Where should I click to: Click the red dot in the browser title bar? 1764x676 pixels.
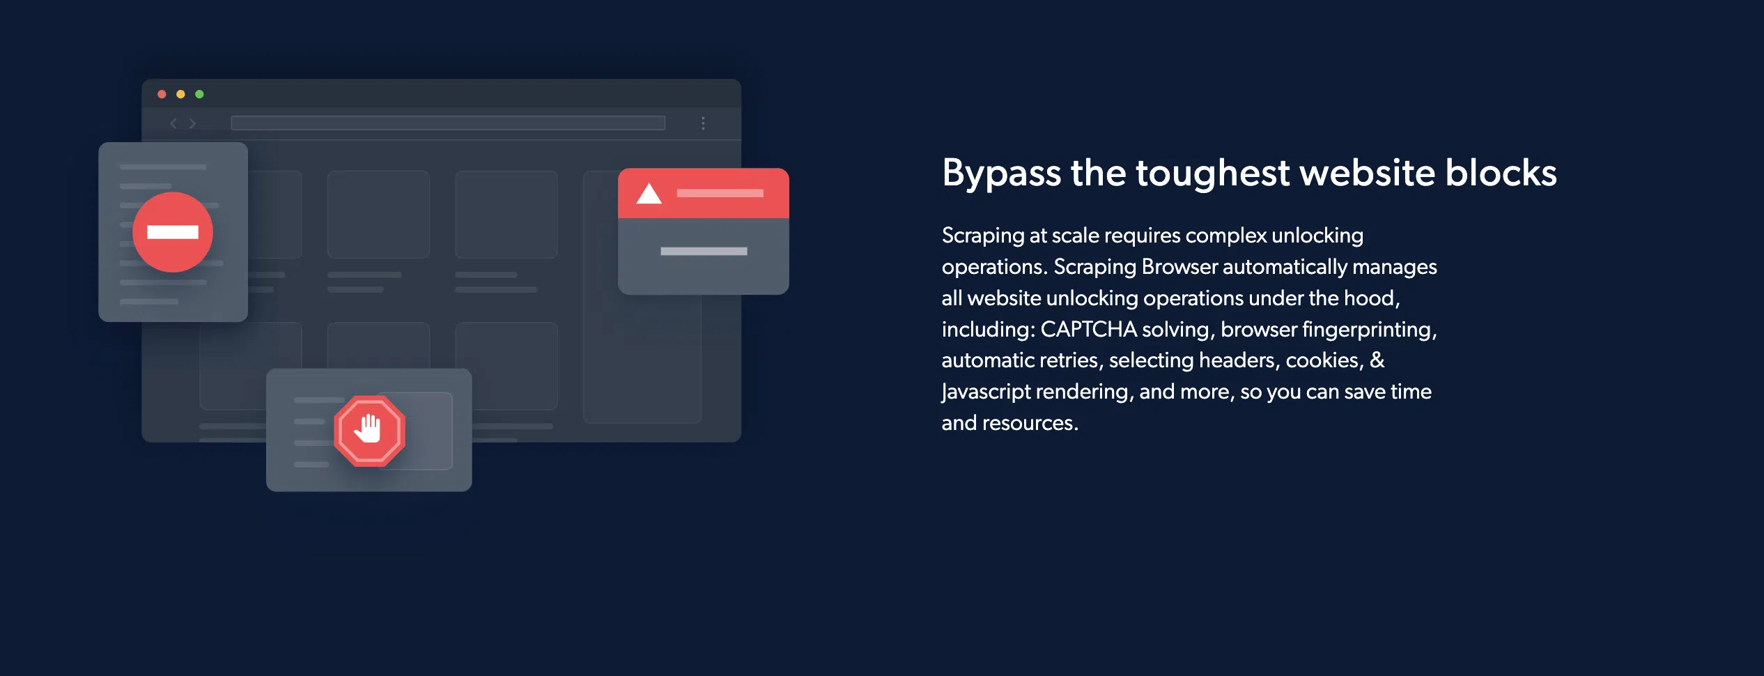coord(162,94)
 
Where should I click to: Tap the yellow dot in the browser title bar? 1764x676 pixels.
coord(180,94)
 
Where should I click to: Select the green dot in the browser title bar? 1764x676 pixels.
coord(199,94)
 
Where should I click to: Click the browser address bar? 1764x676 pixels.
coord(448,123)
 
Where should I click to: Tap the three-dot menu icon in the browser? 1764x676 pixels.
coord(703,123)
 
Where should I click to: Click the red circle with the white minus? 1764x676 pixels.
coord(173,232)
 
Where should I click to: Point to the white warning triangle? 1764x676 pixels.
coord(649,193)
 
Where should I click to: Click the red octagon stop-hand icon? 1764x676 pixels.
coord(369,431)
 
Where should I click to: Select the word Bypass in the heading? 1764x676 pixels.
coord(1001,174)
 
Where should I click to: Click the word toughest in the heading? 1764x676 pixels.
coord(1212,174)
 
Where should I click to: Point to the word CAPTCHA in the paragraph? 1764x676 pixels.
coord(1088,329)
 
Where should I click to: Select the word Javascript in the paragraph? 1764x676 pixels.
coord(986,392)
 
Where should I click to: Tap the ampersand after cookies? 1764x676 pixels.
coord(1377,360)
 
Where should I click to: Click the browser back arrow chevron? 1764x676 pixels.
coord(173,123)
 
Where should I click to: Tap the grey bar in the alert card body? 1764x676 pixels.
coord(704,251)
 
